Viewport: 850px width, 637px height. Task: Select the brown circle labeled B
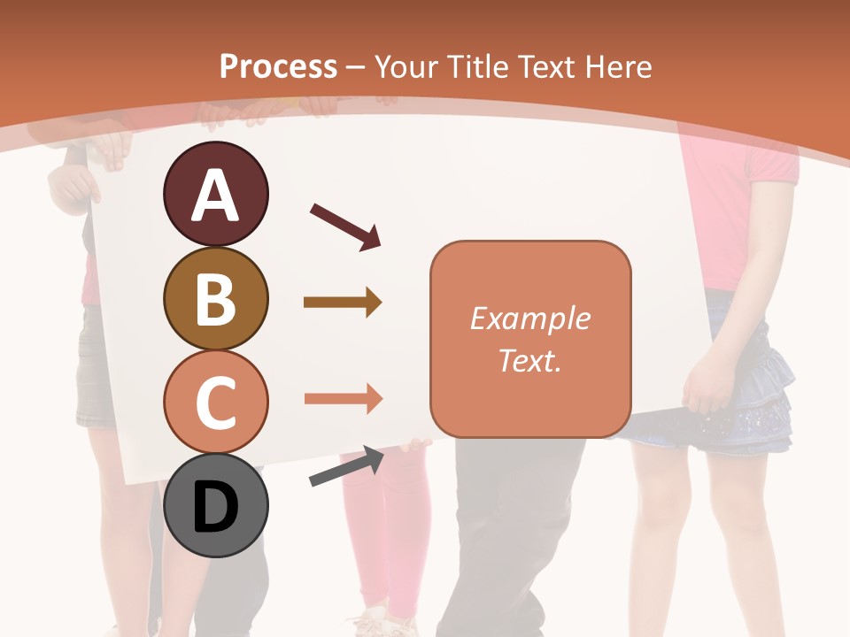(x=215, y=298)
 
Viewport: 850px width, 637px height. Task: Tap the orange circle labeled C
(x=215, y=403)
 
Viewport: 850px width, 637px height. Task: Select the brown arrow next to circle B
(x=343, y=303)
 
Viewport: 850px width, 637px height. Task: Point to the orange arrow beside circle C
(x=343, y=398)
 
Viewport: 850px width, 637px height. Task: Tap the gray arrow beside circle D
(x=346, y=466)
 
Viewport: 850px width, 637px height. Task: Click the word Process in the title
(x=278, y=66)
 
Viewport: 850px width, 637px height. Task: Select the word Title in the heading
(x=479, y=66)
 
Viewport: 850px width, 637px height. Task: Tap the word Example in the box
(x=529, y=318)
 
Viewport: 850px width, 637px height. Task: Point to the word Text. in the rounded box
(x=529, y=360)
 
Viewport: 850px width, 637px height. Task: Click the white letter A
(x=215, y=196)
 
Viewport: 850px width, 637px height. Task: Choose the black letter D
(x=215, y=509)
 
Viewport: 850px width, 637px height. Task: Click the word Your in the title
(x=406, y=66)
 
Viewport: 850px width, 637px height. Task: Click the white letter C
(x=215, y=403)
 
